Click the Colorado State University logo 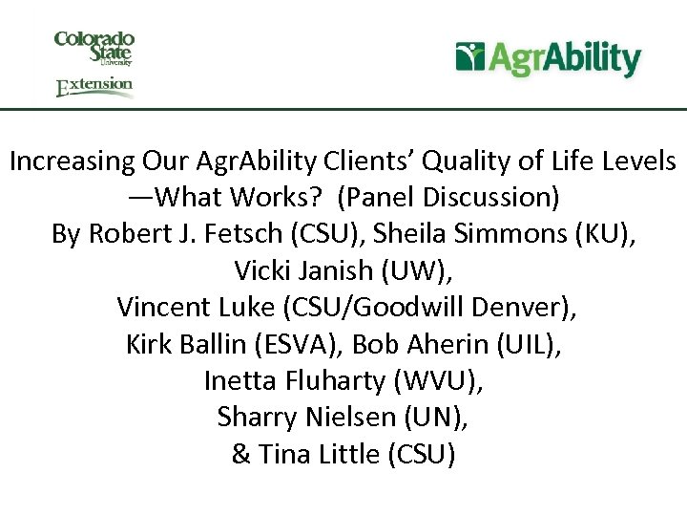tap(94, 47)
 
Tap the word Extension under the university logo tap(94, 86)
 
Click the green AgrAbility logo tap(548, 58)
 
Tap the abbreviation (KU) tap(602, 234)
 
